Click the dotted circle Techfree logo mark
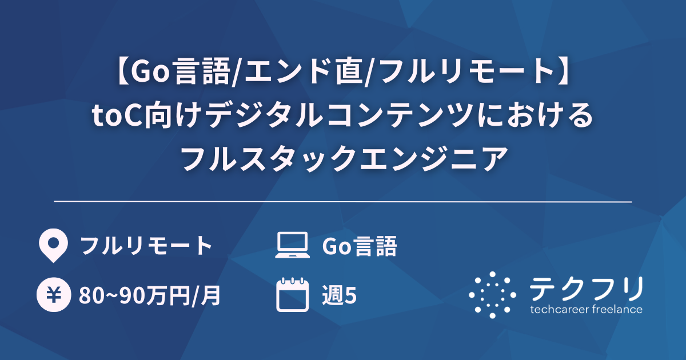point(492,295)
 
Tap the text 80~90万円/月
point(150,296)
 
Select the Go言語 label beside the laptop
point(360,246)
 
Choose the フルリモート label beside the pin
point(146,246)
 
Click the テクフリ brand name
point(587,289)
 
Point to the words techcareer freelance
point(587,310)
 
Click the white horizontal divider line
point(343,202)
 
